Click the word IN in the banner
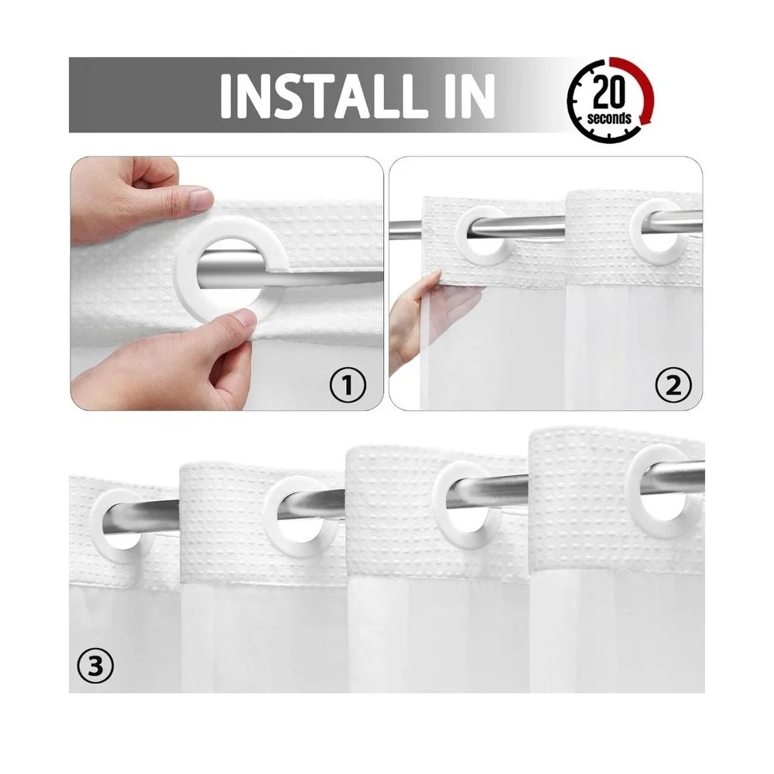470,96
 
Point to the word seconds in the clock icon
609,118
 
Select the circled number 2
673,385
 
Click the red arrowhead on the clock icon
644,119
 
